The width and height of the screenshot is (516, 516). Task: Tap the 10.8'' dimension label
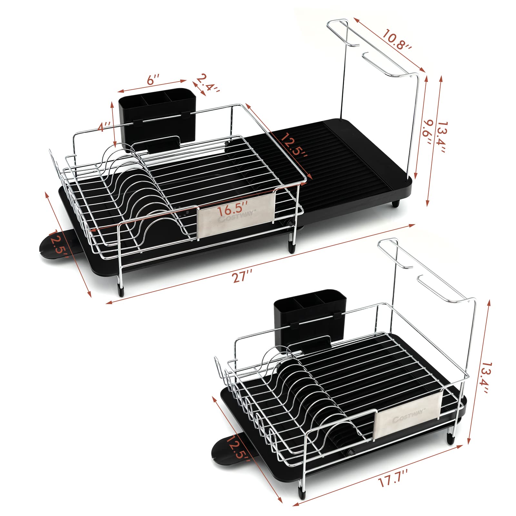point(396,40)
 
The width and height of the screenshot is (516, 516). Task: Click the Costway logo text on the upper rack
point(236,218)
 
